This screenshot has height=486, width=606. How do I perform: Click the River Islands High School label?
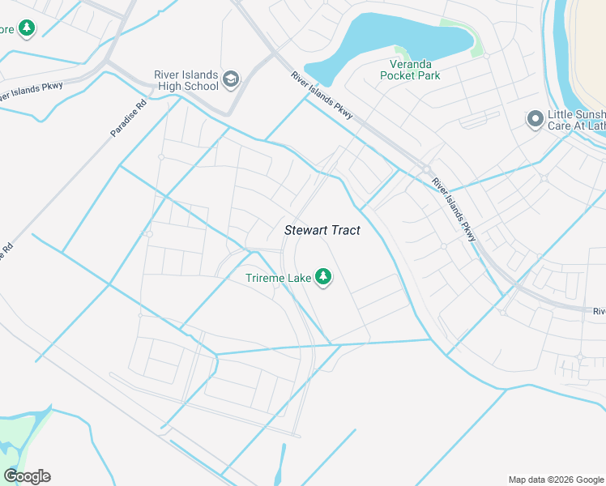(186, 80)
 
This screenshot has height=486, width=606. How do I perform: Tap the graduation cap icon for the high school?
(231, 79)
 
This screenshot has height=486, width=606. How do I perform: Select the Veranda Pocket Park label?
(412, 70)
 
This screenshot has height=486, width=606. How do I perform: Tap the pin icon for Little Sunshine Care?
(534, 120)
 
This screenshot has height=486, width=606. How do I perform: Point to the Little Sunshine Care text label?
(576, 120)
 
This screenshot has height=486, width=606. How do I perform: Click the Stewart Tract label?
(322, 230)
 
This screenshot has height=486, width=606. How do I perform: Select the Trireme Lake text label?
(279, 278)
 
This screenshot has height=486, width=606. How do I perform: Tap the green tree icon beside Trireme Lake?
(323, 278)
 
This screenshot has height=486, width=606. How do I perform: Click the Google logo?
(27, 476)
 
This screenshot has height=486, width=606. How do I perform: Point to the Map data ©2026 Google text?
(555, 480)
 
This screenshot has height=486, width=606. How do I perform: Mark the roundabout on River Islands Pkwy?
(425, 168)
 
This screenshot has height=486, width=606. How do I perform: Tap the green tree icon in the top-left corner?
(27, 29)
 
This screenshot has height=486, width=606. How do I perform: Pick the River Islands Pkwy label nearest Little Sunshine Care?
(453, 208)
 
